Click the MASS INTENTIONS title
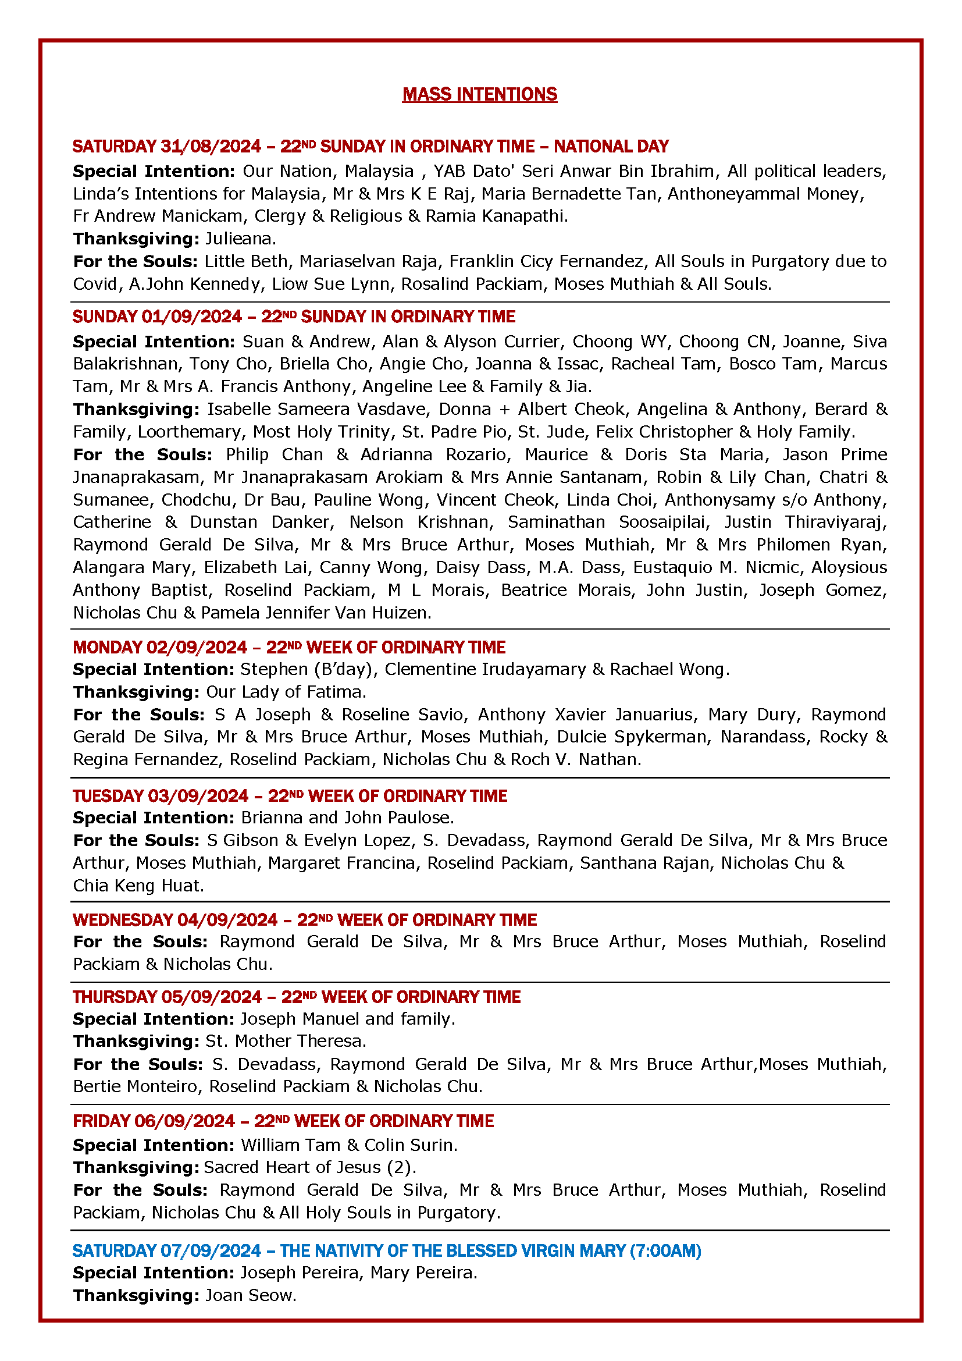479,94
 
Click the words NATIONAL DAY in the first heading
611,147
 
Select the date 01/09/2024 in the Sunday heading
191,317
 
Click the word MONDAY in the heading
107,646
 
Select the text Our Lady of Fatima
286,692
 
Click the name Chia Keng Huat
138,886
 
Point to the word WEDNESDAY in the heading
123,919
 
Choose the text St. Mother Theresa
286,1041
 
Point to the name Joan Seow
250,1295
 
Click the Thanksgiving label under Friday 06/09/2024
136,1167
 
